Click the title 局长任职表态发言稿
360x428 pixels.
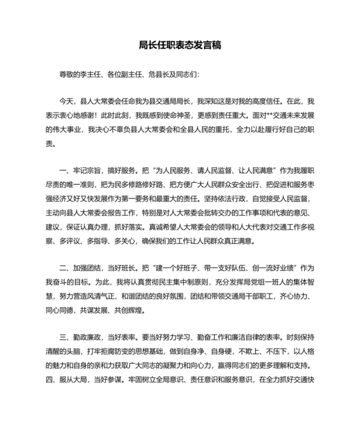coord(180,45)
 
